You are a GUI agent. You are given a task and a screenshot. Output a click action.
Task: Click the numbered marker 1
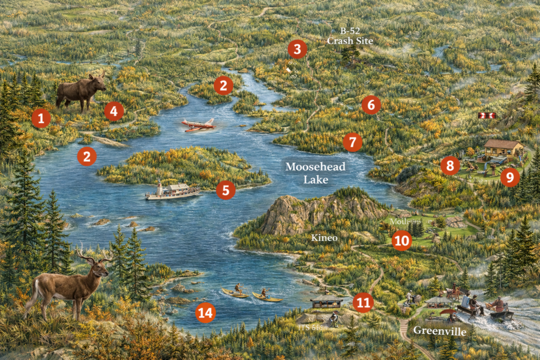click(41, 118)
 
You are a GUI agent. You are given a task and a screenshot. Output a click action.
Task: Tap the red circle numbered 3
click(297, 49)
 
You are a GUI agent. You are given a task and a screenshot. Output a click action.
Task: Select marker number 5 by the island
click(225, 190)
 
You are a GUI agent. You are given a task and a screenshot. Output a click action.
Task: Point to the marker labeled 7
click(352, 142)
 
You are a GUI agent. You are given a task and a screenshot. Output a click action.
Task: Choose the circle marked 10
click(401, 241)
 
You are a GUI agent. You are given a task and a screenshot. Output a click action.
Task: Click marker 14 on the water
click(205, 313)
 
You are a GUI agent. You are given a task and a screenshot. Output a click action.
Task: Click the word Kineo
click(324, 238)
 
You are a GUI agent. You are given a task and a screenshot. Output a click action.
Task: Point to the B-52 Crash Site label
click(350, 36)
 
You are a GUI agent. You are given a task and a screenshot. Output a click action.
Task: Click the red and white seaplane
click(198, 125)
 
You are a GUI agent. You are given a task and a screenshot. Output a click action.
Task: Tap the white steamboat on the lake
click(172, 191)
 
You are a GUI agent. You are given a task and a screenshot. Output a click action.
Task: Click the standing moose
click(80, 92)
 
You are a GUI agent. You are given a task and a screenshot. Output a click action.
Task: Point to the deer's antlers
click(95, 255)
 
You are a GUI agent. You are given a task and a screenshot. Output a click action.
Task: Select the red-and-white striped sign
click(486, 115)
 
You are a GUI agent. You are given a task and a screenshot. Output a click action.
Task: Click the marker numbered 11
click(363, 302)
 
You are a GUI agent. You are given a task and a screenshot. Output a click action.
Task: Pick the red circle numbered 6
click(371, 105)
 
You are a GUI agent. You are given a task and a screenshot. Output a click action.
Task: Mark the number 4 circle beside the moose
click(113, 111)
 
